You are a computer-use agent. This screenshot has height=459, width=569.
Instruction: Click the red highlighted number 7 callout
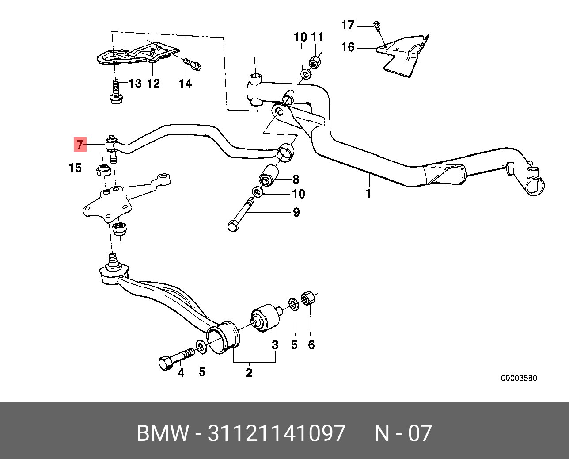(80, 144)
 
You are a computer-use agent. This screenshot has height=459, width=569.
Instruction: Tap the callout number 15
(76, 168)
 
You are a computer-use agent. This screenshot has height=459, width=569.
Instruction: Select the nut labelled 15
(103, 169)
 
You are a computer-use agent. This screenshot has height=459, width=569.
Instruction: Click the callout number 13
(135, 83)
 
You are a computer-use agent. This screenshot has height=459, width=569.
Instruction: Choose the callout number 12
(153, 83)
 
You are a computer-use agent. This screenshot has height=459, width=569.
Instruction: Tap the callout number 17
(348, 25)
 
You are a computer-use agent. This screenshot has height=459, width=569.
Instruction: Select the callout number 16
(348, 47)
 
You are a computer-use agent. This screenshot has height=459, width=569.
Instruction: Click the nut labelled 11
(315, 61)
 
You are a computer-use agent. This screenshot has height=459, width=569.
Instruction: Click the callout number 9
(296, 213)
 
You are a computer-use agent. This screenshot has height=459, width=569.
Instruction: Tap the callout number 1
(368, 193)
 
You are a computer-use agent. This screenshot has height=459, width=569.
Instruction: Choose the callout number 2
(249, 373)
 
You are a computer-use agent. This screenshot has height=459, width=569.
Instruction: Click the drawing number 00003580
(519, 378)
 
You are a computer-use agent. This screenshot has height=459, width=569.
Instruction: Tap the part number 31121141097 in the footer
(277, 433)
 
